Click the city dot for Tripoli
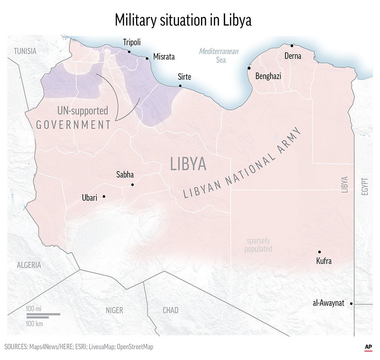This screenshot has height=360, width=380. tap(129, 52)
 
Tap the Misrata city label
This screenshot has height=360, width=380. tap(164, 57)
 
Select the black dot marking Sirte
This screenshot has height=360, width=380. tap(180, 86)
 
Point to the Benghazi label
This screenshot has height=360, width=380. tap(268, 76)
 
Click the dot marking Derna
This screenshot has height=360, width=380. tap(292, 46)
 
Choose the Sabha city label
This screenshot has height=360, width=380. tap(125, 175)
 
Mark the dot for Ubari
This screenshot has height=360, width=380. tap(104, 197)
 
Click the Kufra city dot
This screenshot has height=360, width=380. tap(320, 252)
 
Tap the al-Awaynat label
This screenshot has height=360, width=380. tap(328, 303)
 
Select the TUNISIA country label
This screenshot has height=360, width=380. tap(25, 51)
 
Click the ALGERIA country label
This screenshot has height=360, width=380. tap(29, 265)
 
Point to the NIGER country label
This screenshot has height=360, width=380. tap(114, 310)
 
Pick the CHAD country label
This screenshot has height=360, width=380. tap(171, 310)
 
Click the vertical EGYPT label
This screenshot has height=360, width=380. tap(365, 186)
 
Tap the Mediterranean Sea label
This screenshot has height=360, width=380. tap(219, 56)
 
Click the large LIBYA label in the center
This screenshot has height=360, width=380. tap(188, 164)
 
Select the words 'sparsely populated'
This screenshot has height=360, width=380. tap(258, 245)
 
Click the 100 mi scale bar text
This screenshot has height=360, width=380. tap(34, 308)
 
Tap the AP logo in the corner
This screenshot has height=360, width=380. tap(368, 347)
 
